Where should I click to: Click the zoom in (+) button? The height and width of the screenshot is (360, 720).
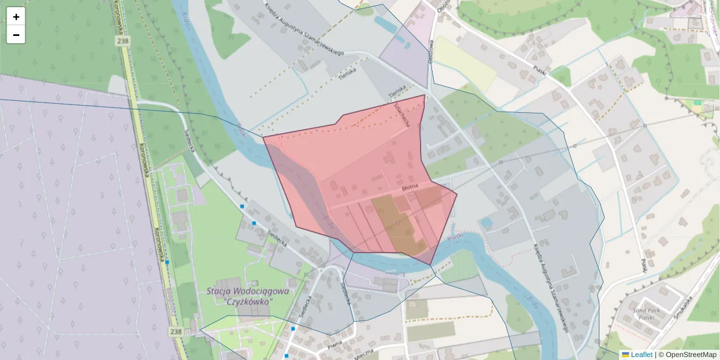pyautogui.click(x=16, y=17)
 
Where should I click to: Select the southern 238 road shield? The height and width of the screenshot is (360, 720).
pyautogui.click(x=175, y=331)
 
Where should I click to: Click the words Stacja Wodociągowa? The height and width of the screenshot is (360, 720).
pyautogui.click(x=247, y=291)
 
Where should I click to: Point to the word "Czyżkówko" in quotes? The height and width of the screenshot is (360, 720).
pyautogui.click(x=248, y=301)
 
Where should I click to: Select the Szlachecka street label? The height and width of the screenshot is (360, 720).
pyautogui.click(x=401, y=113)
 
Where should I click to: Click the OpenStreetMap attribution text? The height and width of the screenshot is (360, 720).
pyautogui.click(x=688, y=355)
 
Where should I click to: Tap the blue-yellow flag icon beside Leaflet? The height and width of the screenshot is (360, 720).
pyautogui.click(x=625, y=355)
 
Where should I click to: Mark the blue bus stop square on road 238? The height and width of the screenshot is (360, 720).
pyautogui.click(x=167, y=262)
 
